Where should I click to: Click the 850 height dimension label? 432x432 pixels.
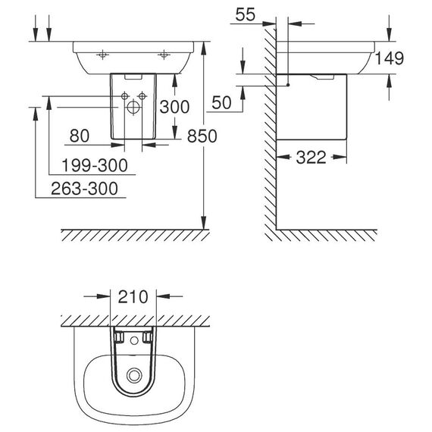pyautogui.click(x=202, y=136)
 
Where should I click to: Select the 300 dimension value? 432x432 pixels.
pyautogui.click(x=174, y=107)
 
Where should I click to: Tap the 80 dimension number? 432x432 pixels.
pyautogui.click(x=80, y=136)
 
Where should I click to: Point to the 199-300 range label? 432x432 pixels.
pyautogui.click(x=95, y=165)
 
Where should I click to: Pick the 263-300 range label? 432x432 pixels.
pyautogui.click(x=85, y=189)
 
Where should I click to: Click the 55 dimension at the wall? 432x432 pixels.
pyautogui.click(x=246, y=14)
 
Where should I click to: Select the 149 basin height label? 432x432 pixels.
pyautogui.click(x=390, y=58)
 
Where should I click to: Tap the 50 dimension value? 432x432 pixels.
pyautogui.click(x=221, y=103)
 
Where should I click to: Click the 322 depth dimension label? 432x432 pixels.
pyautogui.click(x=311, y=158)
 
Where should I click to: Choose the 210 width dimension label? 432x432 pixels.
pyautogui.click(x=133, y=297)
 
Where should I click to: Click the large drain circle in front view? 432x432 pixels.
pyautogui.click(x=133, y=107)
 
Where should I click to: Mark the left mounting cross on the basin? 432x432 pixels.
pyautogui.click(x=102, y=55)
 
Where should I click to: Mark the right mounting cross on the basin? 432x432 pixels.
pyautogui.click(x=164, y=55)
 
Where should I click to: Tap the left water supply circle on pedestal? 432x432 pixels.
pyautogui.click(x=125, y=96)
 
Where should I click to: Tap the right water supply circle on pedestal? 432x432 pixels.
pyautogui.click(x=142, y=96)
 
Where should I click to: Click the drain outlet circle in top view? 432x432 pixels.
pyautogui.click(x=134, y=375)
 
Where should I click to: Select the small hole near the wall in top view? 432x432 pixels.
pyautogui.click(x=134, y=341)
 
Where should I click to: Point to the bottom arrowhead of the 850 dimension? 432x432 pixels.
pyautogui.click(x=203, y=222)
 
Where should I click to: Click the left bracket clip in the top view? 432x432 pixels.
pyautogui.click(x=119, y=337)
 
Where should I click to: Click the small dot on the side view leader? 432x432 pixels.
pyautogui.click(x=288, y=85)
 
